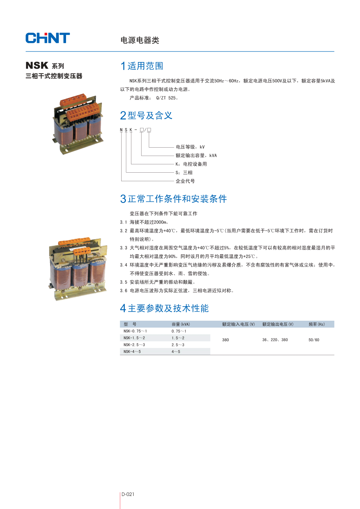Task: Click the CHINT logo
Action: (x=48, y=38)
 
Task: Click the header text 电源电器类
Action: (x=140, y=40)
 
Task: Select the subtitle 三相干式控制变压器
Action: (x=54, y=76)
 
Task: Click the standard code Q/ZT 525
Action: (x=167, y=98)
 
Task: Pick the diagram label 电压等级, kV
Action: (x=190, y=147)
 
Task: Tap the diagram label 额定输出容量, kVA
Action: (x=196, y=156)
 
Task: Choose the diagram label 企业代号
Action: (x=185, y=181)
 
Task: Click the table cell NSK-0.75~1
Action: (x=135, y=331)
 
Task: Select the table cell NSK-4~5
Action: (x=132, y=352)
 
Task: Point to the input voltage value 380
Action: (x=225, y=340)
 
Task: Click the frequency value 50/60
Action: (x=314, y=340)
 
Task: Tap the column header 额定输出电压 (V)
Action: (x=278, y=324)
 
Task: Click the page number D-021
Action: (x=128, y=494)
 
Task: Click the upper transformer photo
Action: (x=78, y=123)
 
